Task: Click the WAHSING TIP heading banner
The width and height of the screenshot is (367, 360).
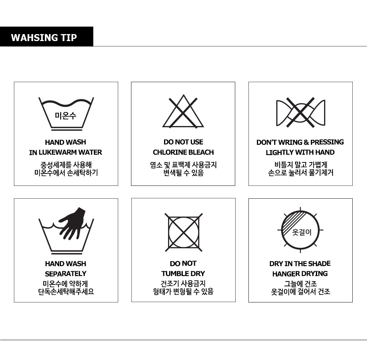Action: (47, 37)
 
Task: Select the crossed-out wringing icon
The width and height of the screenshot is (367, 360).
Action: (301, 113)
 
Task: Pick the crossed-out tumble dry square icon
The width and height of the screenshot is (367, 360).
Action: (183, 232)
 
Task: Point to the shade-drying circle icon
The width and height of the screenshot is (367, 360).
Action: (300, 230)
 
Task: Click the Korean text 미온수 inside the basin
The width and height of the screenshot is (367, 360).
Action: (66, 115)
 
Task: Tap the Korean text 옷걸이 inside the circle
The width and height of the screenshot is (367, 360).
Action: (302, 232)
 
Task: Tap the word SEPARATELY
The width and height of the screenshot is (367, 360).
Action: (66, 274)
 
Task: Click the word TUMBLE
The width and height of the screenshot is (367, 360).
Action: (172, 273)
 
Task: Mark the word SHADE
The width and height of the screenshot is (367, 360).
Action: (320, 264)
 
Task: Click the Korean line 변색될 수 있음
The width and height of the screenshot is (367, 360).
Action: (183, 173)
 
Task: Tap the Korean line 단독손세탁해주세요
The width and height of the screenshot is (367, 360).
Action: (66, 292)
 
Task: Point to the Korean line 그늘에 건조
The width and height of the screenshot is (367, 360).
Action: (301, 284)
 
